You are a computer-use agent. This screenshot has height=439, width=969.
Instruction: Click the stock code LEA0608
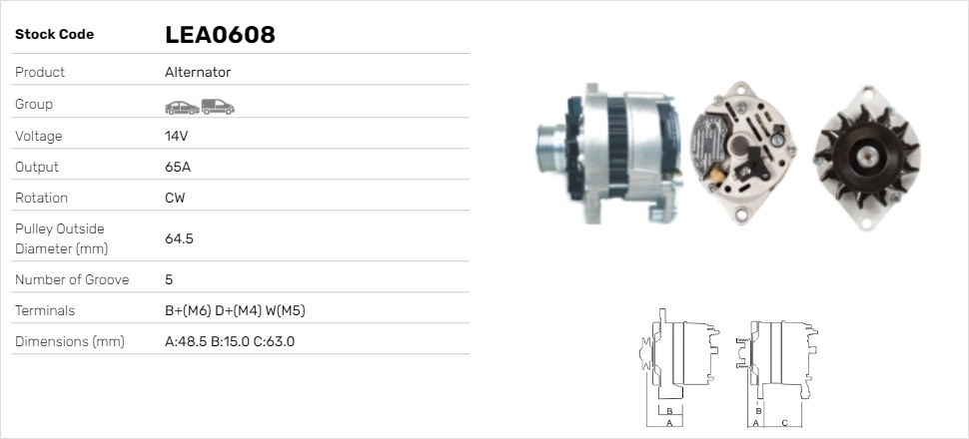tap(220, 35)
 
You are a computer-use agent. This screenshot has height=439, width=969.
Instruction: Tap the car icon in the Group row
tap(182, 108)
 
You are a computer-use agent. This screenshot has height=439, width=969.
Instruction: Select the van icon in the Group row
tap(218, 107)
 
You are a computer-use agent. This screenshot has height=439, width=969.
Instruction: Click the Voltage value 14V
tap(176, 136)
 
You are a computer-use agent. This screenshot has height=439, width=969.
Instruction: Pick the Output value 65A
tap(178, 167)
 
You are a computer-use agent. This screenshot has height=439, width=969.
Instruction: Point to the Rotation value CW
tap(175, 198)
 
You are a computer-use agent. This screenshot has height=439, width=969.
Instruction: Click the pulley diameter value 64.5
tap(179, 238)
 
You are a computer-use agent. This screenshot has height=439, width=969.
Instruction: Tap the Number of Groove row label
tap(72, 279)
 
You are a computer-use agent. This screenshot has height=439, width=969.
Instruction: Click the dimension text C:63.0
tap(274, 341)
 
